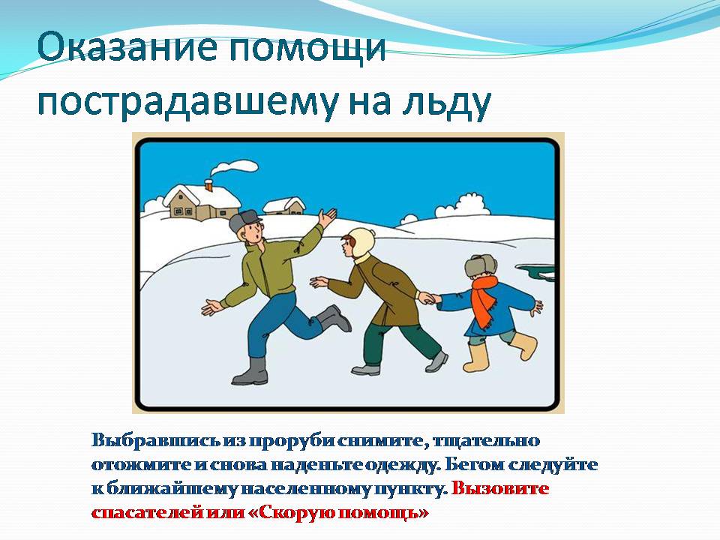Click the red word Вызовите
(500, 488)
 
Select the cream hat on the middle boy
(361, 243)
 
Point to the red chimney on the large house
(209, 185)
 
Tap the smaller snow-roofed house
(284, 205)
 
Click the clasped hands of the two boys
(428, 298)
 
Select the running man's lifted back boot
(334, 318)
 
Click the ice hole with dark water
(535, 271)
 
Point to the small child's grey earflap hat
(480, 265)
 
